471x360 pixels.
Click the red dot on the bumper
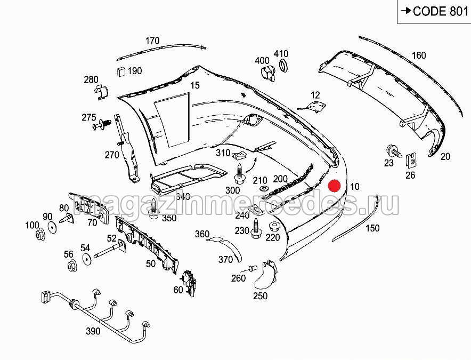click(335, 186)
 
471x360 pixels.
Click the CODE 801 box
click(434, 11)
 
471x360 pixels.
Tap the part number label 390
click(93, 331)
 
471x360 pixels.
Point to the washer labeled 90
click(52, 228)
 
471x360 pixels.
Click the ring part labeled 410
click(285, 66)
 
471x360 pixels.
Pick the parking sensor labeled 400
click(266, 74)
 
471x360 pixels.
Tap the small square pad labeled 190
click(121, 71)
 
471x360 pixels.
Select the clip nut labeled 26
click(411, 159)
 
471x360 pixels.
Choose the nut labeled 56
click(70, 266)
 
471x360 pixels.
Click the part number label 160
click(419, 55)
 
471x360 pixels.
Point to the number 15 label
click(194, 85)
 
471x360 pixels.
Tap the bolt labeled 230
click(256, 226)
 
